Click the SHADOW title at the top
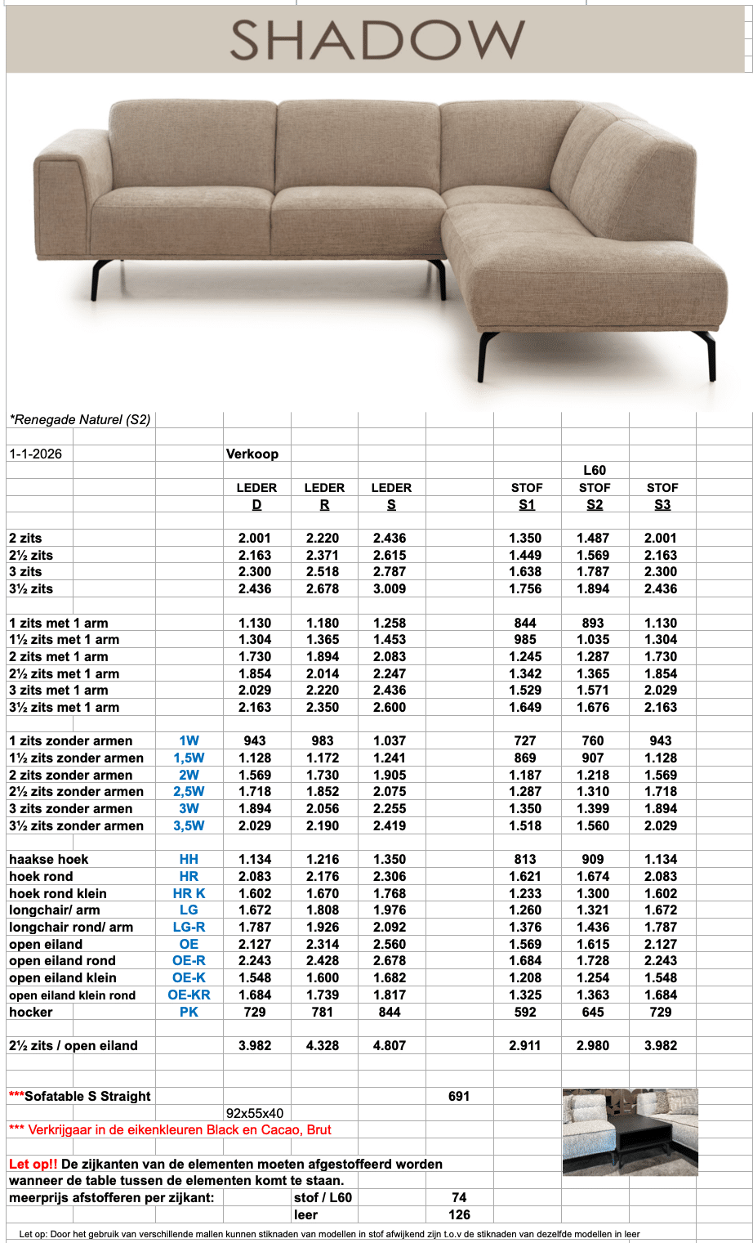[x=376, y=39]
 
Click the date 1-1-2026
[x=36, y=454]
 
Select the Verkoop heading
[x=252, y=454]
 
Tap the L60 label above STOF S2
[x=595, y=470]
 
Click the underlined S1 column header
[x=527, y=504]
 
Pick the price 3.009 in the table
[x=390, y=588]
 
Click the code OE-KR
[x=189, y=995]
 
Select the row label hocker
[x=31, y=1012]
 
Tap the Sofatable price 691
[x=459, y=1096]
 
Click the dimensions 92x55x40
[x=255, y=1113]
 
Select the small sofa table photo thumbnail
[x=630, y=1132]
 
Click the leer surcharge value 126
[x=459, y=1214]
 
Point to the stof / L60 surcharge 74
[x=459, y=1197]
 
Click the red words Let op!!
[x=33, y=1164]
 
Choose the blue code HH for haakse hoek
[x=189, y=859]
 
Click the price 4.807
[x=390, y=1045]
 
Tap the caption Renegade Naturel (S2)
[x=80, y=420]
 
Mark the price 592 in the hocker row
[x=525, y=1012]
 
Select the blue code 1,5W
[x=189, y=758]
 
